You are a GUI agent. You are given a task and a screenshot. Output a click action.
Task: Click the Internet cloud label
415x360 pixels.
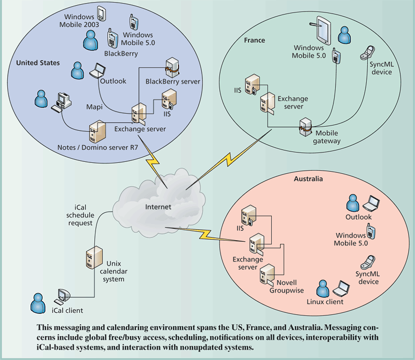click(158, 207)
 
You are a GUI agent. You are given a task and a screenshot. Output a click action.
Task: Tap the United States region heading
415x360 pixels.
click(38, 63)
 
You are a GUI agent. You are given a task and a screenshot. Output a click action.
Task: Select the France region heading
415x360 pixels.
click(254, 40)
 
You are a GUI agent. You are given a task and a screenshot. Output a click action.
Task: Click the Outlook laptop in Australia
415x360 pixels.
click(372, 201)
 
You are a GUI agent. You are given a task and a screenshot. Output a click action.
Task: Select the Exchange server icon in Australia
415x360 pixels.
click(256, 244)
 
